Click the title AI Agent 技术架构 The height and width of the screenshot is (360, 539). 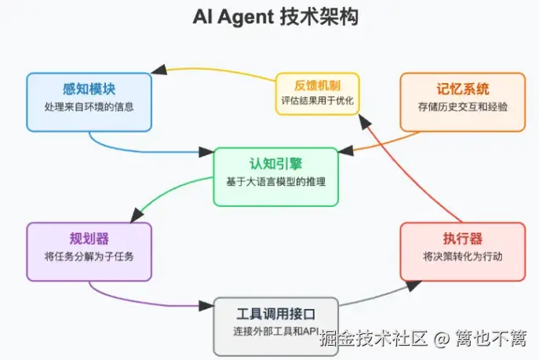(x=275, y=17)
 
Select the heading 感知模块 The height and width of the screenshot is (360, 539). (x=89, y=89)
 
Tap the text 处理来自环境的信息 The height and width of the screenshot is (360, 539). (x=89, y=106)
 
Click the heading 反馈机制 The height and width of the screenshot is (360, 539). (x=317, y=85)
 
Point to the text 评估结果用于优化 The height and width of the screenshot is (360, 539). (x=317, y=101)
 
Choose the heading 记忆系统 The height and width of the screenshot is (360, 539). (x=462, y=89)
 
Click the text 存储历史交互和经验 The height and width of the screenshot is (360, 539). (x=462, y=106)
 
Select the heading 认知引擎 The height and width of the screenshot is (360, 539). (x=275, y=164)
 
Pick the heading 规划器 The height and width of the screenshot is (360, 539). (x=89, y=238)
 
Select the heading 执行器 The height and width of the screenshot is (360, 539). (x=462, y=238)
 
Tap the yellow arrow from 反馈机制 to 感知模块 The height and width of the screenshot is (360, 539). (x=220, y=70)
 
